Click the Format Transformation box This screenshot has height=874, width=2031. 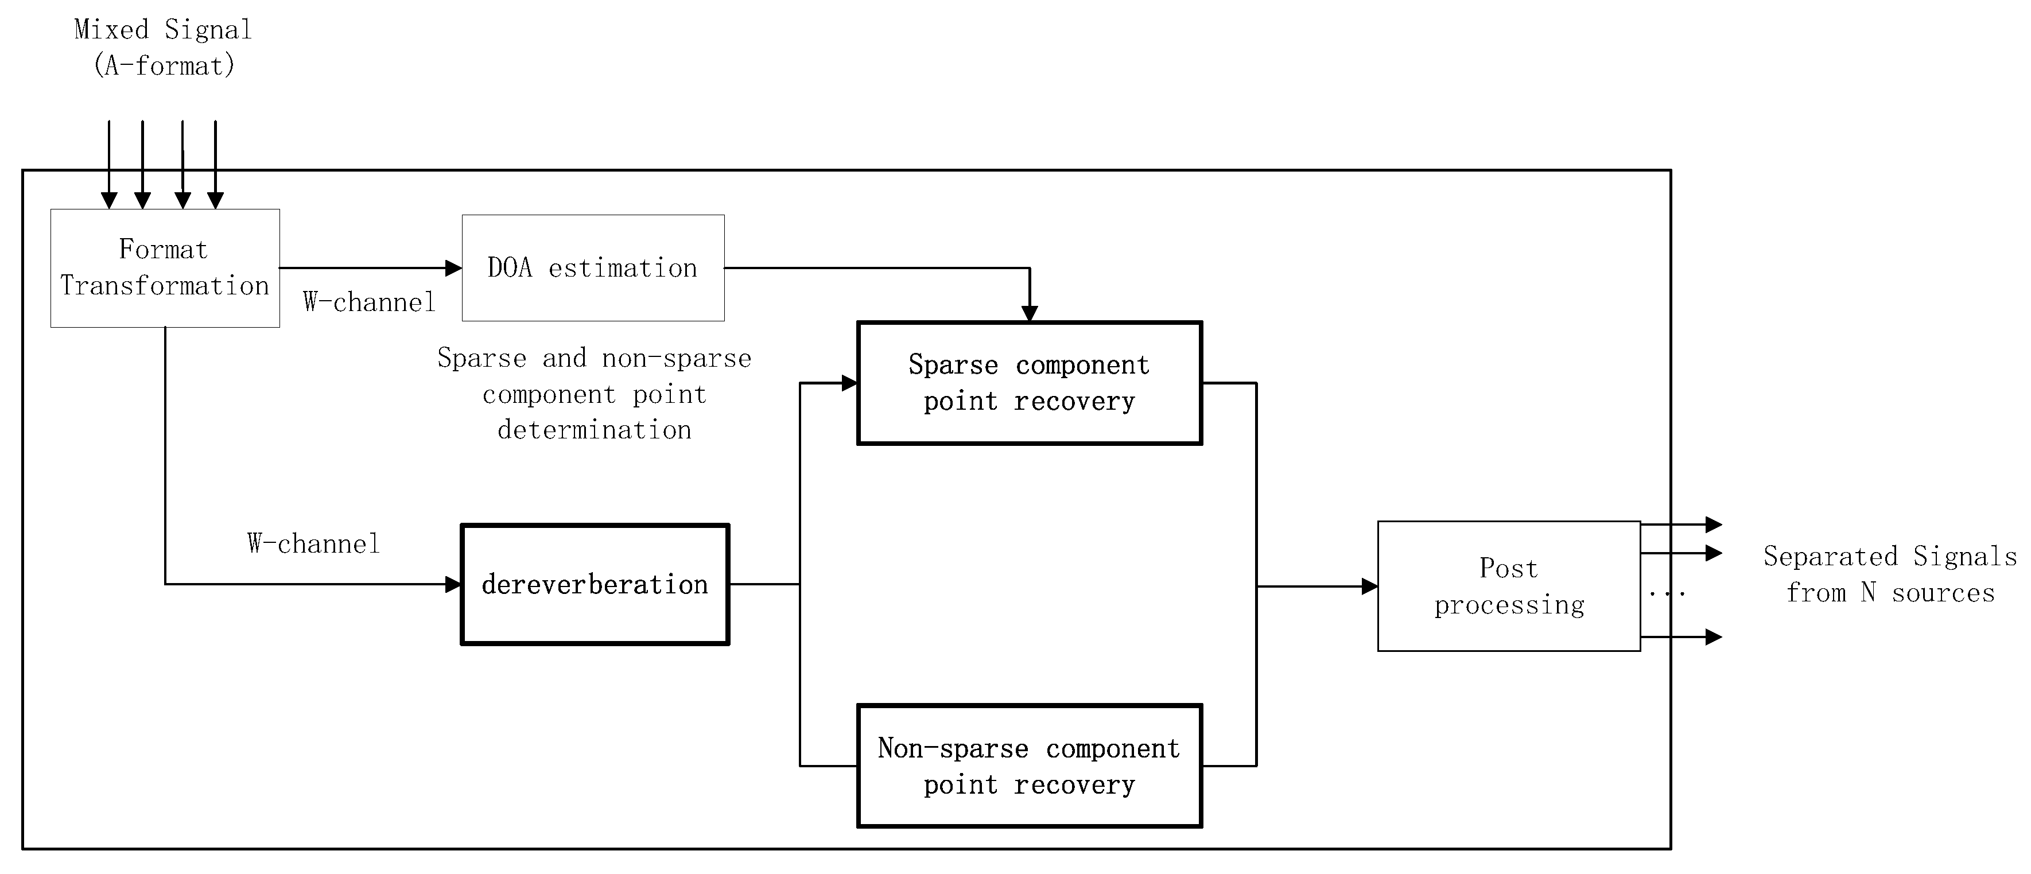pos(165,268)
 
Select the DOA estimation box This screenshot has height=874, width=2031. pos(593,268)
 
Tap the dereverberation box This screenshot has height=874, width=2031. pos(595,584)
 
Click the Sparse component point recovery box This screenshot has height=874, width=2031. pos(1029,383)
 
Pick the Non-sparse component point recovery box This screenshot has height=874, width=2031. pos(1029,765)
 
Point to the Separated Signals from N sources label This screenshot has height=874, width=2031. pos(1889,574)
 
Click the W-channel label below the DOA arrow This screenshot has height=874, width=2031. pos(369,302)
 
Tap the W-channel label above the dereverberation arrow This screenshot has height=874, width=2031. pos(314,544)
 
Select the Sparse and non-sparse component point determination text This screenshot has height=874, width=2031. pos(595,394)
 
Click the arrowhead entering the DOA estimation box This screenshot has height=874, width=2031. pos(453,268)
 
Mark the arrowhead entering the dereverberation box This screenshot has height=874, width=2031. pos(453,584)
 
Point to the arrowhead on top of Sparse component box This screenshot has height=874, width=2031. pos(1029,314)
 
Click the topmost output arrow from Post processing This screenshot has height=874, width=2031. pos(1712,524)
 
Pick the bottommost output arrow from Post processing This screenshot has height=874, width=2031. pos(1712,637)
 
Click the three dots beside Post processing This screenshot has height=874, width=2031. pos(1667,593)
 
